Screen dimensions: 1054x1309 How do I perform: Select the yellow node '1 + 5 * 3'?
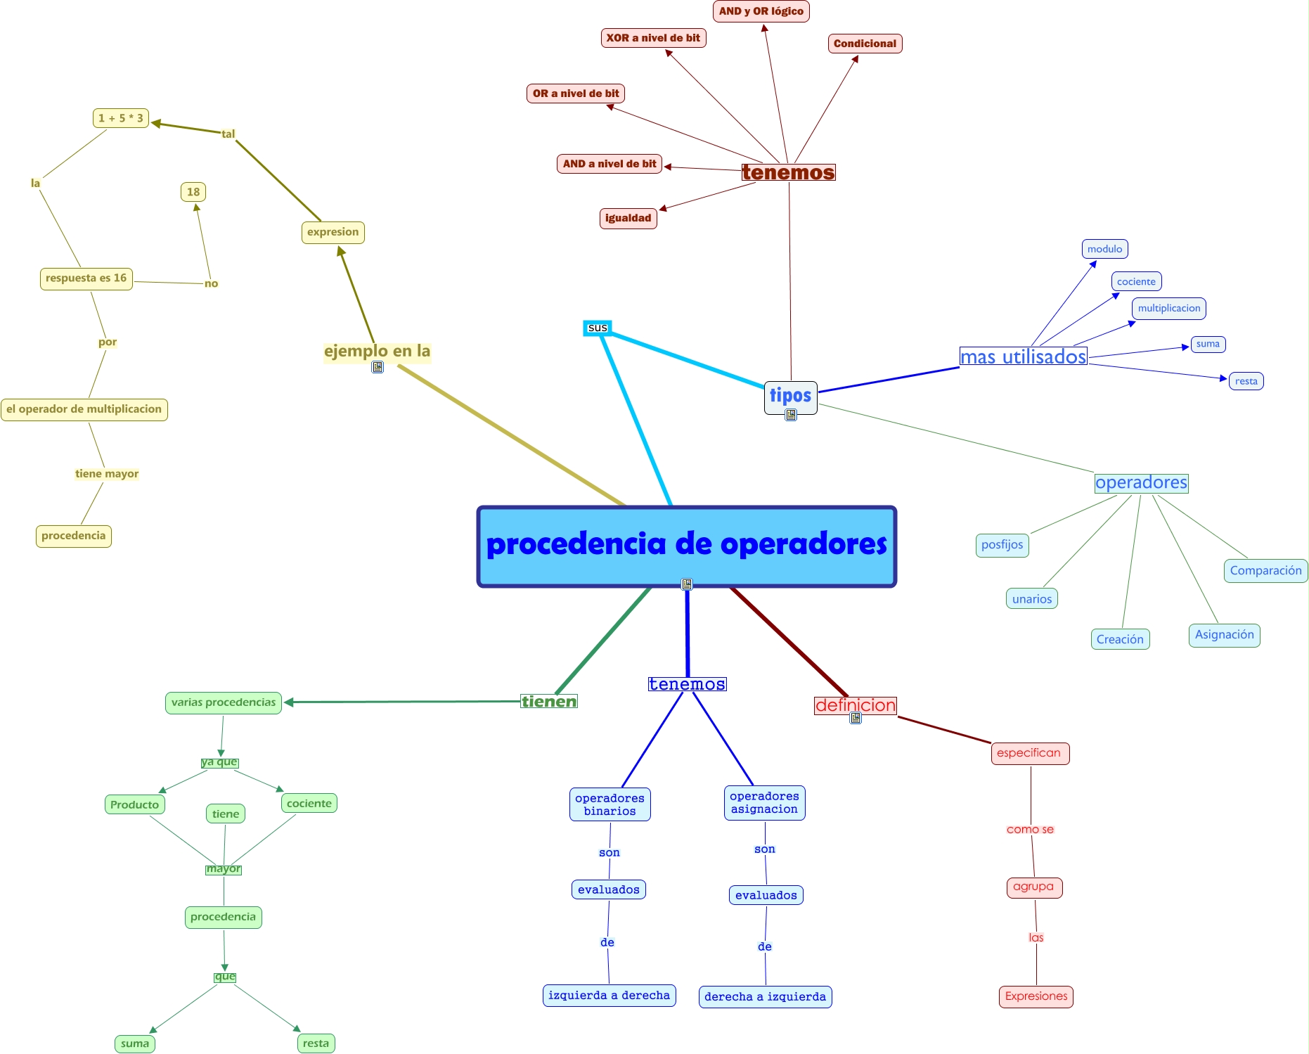click(121, 118)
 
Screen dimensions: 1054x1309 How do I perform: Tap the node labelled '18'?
click(193, 192)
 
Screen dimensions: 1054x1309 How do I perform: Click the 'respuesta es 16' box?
click(86, 278)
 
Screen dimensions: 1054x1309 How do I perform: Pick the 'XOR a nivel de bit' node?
click(653, 38)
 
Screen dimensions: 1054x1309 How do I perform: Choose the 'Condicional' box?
click(865, 44)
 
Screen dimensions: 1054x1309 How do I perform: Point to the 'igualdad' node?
click(628, 218)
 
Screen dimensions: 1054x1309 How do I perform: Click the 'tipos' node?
click(790, 396)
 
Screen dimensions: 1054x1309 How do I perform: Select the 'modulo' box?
click(1104, 249)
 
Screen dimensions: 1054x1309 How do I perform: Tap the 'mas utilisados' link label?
click(1023, 356)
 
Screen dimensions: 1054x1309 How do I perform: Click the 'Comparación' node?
click(1265, 570)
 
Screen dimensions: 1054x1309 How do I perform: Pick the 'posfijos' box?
click(1002, 545)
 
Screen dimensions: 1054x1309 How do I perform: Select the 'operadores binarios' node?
click(610, 804)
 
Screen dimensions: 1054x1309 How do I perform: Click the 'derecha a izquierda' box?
click(765, 996)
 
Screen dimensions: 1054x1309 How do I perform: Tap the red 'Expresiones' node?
click(1036, 996)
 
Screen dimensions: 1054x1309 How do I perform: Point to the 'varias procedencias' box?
click(224, 702)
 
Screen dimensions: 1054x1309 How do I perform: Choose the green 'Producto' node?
click(134, 804)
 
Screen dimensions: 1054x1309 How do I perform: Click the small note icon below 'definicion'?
click(856, 718)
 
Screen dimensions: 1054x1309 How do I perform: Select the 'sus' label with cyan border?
click(598, 328)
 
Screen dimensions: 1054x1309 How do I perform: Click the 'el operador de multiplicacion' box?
click(84, 409)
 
